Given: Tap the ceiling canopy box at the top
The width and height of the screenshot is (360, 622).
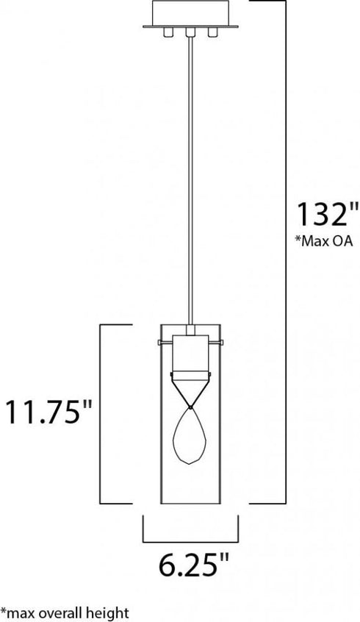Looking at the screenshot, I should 190,12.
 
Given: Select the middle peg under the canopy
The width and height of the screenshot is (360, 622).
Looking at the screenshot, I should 190,33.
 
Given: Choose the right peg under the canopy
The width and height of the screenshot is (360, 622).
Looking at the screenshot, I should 212,32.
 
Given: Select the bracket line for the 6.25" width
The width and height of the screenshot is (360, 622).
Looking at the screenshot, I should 190,538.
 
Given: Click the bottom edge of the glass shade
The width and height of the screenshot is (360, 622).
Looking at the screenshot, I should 190,504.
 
